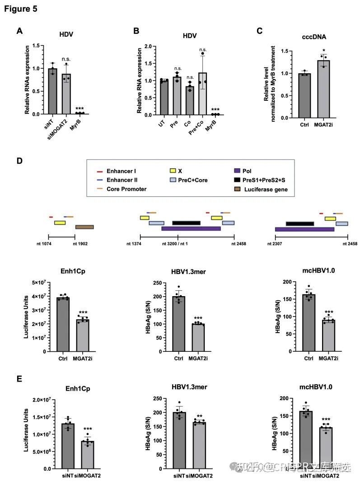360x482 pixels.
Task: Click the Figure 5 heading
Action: coord(21,9)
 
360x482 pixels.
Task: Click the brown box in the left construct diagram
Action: coord(84,227)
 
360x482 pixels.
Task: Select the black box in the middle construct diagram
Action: coord(186,222)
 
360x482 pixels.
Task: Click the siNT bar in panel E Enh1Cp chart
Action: coord(68,446)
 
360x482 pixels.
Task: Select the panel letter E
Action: coord(19,378)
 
